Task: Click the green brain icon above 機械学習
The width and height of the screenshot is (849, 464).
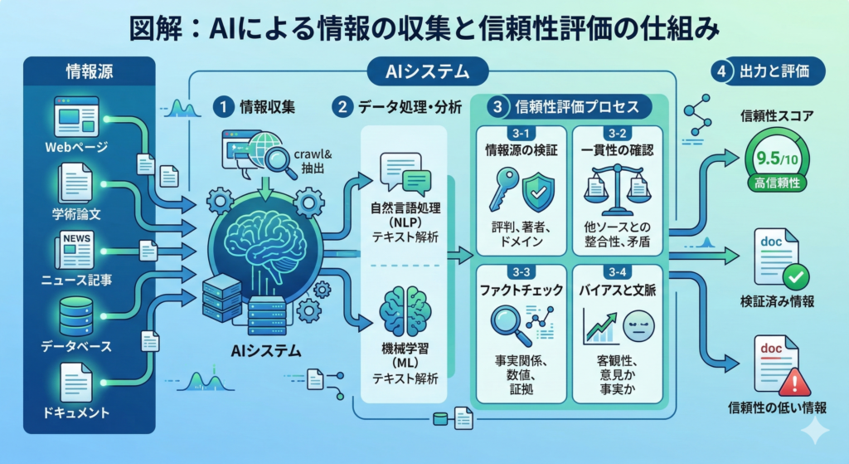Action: (405, 312)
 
